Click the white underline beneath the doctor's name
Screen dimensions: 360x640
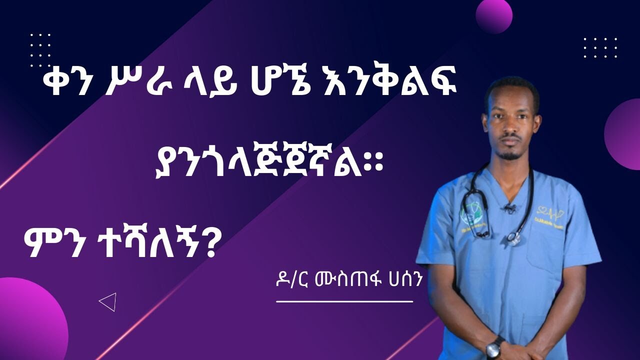(344, 301)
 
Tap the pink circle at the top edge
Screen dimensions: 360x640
(493, 15)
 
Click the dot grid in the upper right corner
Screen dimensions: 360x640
(600, 47)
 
